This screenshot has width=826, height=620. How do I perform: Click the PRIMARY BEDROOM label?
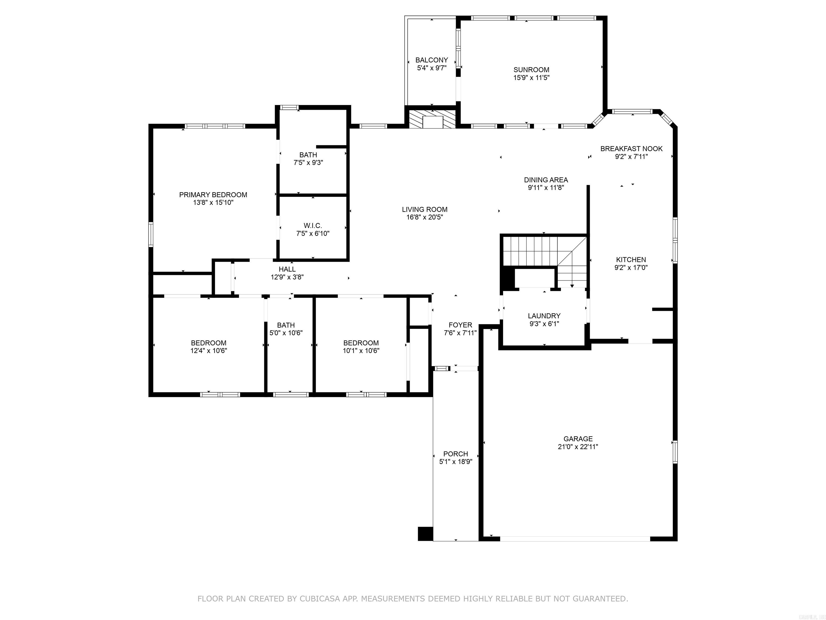point(213,195)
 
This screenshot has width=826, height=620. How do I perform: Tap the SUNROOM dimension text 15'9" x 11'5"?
point(531,78)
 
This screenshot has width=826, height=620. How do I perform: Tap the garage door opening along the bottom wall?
point(575,538)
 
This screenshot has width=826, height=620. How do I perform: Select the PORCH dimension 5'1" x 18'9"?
point(455,462)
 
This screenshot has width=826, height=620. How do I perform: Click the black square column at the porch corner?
point(425,533)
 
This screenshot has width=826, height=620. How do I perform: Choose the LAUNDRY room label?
point(544,316)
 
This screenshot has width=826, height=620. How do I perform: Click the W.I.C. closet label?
point(312,226)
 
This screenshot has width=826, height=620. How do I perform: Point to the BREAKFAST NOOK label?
point(631,149)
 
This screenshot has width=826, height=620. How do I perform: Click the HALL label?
point(287,269)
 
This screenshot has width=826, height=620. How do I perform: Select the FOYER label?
point(460,325)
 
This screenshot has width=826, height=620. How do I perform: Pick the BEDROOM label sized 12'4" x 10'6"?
point(208,343)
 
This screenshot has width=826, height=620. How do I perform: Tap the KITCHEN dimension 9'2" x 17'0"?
point(631,267)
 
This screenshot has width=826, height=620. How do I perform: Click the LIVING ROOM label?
point(425,210)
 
